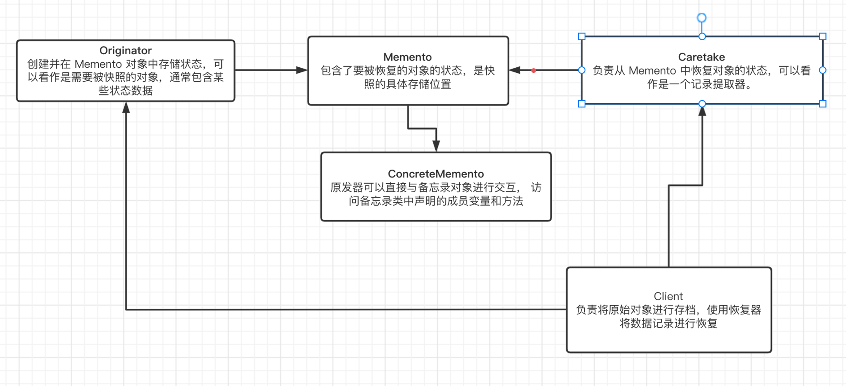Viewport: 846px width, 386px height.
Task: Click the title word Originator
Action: [x=126, y=51]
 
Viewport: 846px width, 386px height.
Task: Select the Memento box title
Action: [x=407, y=57]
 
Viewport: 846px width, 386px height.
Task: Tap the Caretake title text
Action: [x=701, y=57]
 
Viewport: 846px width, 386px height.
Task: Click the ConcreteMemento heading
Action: [x=436, y=174]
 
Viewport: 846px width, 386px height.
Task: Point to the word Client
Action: [x=668, y=296]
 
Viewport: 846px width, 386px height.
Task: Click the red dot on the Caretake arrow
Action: [x=534, y=71]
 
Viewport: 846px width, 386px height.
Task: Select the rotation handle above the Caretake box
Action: [x=702, y=18]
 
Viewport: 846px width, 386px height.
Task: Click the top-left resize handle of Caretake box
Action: [x=582, y=37]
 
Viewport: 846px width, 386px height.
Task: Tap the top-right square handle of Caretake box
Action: [x=823, y=37]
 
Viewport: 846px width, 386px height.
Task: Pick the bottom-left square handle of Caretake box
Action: [x=582, y=104]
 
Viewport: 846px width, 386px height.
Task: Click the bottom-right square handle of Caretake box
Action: [x=823, y=104]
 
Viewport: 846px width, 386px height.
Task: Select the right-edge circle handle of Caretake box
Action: [x=823, y=70]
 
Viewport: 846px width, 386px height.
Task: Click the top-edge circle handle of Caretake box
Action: [x=702, y=37]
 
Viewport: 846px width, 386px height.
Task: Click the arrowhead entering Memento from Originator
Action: [x=302, y=70]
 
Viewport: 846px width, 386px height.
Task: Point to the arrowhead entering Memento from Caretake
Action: [x=515, y=70]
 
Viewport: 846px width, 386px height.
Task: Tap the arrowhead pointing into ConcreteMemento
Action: [x=436, y=146]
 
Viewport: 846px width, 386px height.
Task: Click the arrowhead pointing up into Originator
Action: [x=126, y=108]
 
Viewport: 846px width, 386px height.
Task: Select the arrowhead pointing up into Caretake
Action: [x=702, y=110]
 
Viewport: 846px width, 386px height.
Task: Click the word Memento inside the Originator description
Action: [x=98, y=64]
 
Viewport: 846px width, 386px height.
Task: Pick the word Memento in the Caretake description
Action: [x=652, y=71]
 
